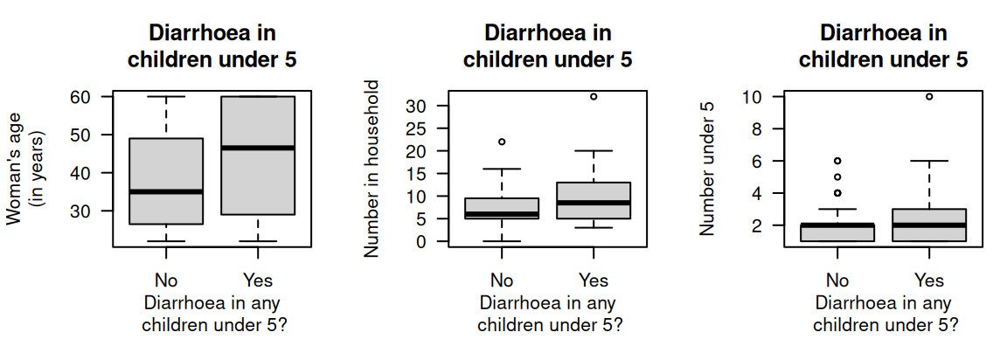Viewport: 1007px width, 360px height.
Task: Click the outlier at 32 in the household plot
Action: click(594, 96)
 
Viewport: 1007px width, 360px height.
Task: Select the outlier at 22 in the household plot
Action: click(502, 142)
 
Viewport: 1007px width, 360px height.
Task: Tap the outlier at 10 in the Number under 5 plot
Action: click(929, 96)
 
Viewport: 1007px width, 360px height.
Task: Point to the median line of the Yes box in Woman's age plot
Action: click(258, 148)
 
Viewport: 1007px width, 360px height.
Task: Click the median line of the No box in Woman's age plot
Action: click(166, 191)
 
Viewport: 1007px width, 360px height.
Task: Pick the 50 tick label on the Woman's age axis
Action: click(80, 135)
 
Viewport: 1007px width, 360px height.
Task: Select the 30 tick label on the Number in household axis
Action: click(416, 106)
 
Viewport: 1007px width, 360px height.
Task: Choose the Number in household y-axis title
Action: click(372, 168)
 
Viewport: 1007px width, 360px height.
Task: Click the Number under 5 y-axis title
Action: click(707, 168)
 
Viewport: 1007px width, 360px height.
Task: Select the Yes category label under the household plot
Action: click(594, 280)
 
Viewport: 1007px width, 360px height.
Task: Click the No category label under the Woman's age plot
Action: click(166, 280)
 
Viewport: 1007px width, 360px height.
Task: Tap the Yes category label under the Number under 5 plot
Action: click(929, 280)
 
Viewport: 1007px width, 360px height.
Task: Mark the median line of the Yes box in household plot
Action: click(594, 203)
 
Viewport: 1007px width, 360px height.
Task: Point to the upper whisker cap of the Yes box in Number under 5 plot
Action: click(929, 161)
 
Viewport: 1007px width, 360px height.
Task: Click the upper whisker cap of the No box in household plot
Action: click(502, 169)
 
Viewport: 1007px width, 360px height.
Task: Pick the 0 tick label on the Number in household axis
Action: click(421, 242)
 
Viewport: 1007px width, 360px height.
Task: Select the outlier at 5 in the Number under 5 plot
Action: click(837, 177)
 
